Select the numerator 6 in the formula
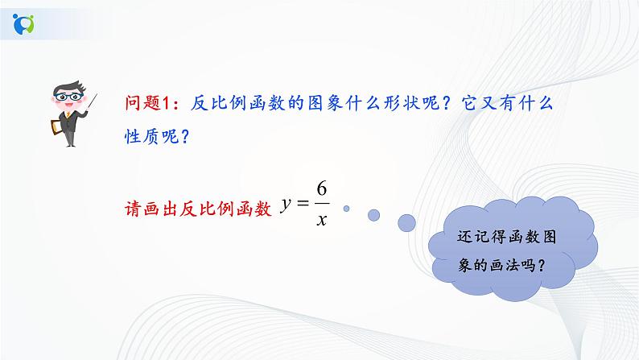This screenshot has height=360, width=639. (320, 190)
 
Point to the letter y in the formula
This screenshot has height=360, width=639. (284, 206)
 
